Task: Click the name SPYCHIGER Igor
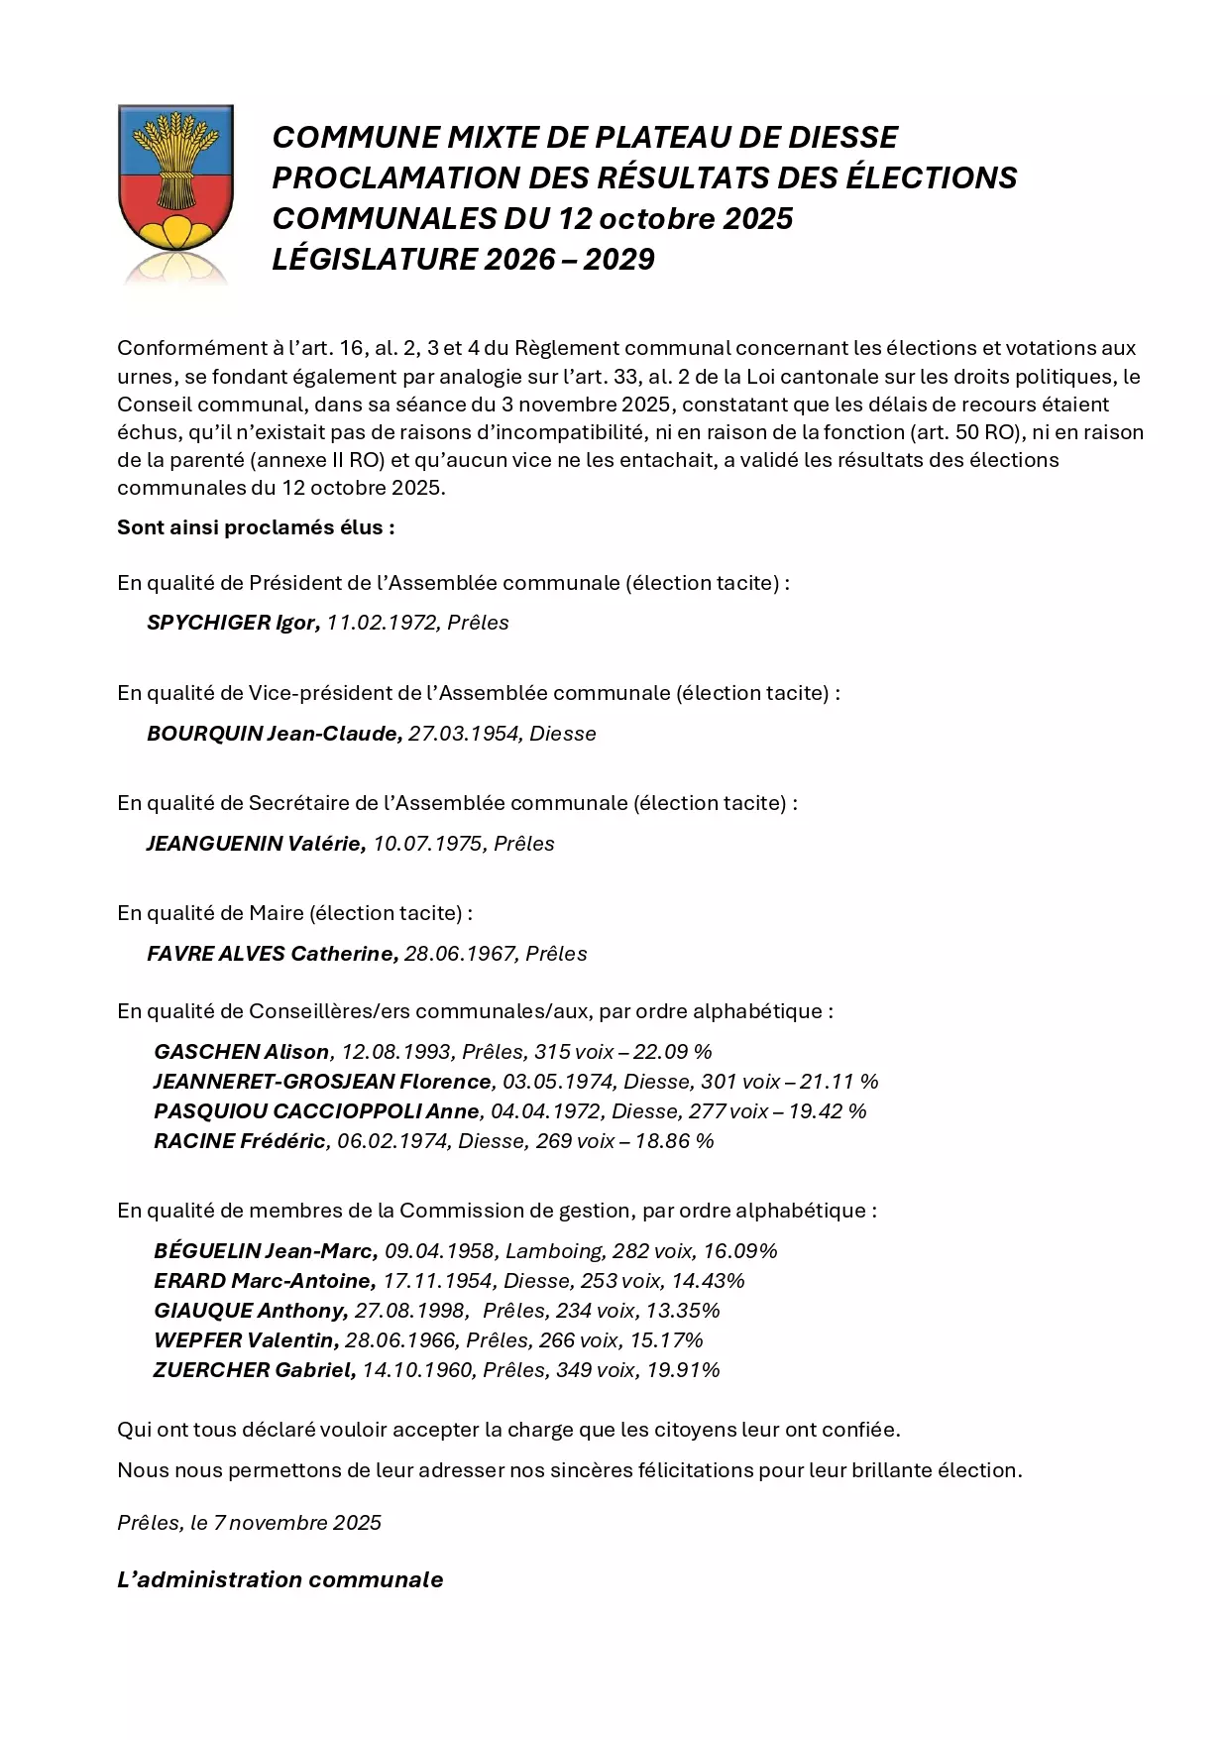[x=232, y=623]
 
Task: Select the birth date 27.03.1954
[x=463, y=734]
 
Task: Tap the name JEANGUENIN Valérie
[x=255, y=844]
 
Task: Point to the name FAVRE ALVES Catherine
[x=272, y=954]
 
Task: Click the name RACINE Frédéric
[x=239, y=1141]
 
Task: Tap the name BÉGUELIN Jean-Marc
[x=265, y=1251]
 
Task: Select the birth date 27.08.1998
[x=410, y=1311]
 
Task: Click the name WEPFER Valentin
[x=244, y=1340]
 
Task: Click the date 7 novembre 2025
[x=296, y=1523]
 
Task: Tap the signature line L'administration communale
[x=280, y=1579]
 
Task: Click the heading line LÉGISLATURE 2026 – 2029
[x=463, y=259]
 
